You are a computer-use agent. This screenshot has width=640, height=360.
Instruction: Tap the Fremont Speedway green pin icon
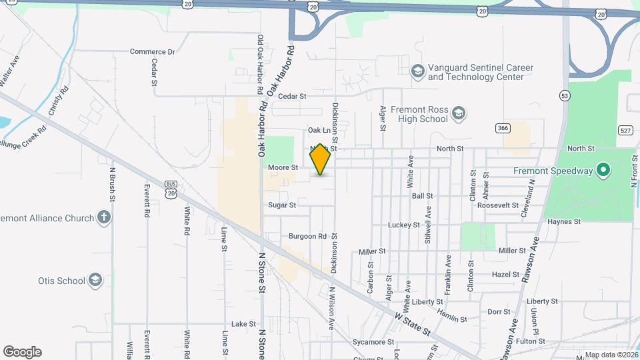(603, 171)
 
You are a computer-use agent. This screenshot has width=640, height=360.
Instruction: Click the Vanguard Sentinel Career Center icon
(417, 71)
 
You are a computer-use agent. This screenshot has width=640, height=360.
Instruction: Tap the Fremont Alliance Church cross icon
(103, 217)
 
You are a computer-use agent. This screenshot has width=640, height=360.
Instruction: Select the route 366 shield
(503, 127)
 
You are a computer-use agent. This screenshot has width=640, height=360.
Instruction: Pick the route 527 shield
(625, 130)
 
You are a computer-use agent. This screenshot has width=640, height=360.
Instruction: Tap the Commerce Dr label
(152, 51)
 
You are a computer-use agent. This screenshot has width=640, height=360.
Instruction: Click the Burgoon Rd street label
(307, 236)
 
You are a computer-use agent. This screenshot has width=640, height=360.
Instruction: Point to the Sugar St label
(282, 205)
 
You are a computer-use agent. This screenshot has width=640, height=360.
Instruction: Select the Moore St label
(283, 167)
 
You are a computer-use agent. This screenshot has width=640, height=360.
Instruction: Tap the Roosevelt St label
(498, 205)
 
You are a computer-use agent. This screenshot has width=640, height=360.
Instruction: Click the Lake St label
(243, 323)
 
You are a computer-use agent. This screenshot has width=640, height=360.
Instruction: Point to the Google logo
(22, 351)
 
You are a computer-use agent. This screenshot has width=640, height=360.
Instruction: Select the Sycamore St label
(369, 342)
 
